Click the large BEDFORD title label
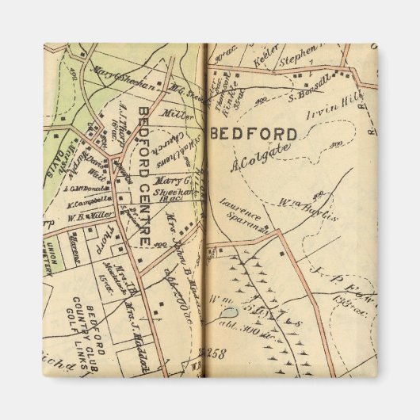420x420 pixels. [x=254, y=133]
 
